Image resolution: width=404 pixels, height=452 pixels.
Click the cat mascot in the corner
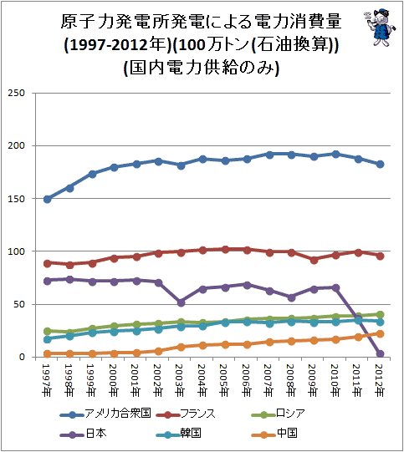click(380, 27)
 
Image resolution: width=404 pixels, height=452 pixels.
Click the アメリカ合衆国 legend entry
click(105, 414)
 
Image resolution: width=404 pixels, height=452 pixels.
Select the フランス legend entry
click(186, 414)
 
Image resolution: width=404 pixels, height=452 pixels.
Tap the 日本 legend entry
click(84, 433)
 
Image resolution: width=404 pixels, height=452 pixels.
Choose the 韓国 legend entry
click(178, 433)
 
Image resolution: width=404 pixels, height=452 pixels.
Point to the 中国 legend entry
click(274, 433)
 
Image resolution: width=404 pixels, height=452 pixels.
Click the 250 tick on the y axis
click(17, 93)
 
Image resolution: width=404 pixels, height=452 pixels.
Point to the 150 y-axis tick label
click(17, 199)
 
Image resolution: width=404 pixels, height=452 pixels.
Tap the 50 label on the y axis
click(19, 304)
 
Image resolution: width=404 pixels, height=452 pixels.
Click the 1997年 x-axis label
click(47, 380)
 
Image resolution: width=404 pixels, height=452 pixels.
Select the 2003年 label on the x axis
click(181, 380)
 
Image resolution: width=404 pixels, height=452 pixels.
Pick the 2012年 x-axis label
click(380, 380)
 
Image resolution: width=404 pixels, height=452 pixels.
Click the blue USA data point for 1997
click(48, 199)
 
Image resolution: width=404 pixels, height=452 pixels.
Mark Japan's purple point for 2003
click(181, 302)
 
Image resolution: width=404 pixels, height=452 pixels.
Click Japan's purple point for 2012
click(380, 353)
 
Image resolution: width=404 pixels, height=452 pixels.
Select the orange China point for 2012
click(380, 334)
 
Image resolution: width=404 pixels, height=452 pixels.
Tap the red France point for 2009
click(314, 260)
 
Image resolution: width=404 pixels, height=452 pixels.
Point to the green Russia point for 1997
click(48, 331)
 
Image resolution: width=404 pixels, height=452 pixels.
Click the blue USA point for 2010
click(335, 155)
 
